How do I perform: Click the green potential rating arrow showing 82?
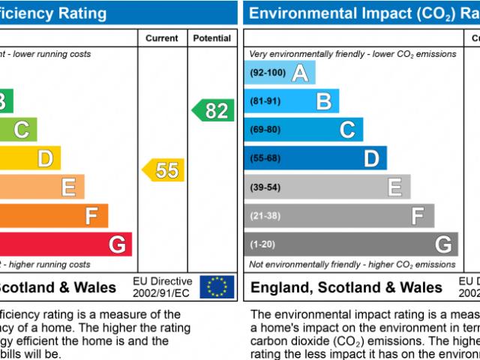pyautogui.click(x=214, y=111)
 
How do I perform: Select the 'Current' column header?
pyautogui.click(x=162, y=38)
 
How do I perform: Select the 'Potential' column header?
pyautogui.click(x=212, y=38)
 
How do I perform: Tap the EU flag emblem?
pyautogui.click(x=217, y=286)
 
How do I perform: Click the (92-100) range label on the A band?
pyautogui.click(x=268, y=73)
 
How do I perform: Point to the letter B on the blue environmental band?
pyautogui.click(x=323, y=101)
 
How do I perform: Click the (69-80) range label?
pyautogui.click(x=265, y=130)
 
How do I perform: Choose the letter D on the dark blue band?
pyautogui.click(x=371, y=158)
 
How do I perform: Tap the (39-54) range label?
pyautogui.click(x=265, y=187)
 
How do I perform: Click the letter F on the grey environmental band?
pyautogui.click(x=418, y=216)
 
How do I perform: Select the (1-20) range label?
pyautogui.click(x=263, y=244)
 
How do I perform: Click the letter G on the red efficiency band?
pyautogui.click(x=117, y=244)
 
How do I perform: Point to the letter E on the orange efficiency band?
pyautogui.click(x=68, y=187)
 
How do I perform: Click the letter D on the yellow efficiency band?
pyautogui.click(x=45, y=159)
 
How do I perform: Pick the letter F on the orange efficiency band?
pyautogui.click(x=91, y=216)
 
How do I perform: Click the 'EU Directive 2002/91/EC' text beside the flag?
pyautogui.click(x=161, y=286)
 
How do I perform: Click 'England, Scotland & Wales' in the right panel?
pyautogui.click(x=346, y=287)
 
